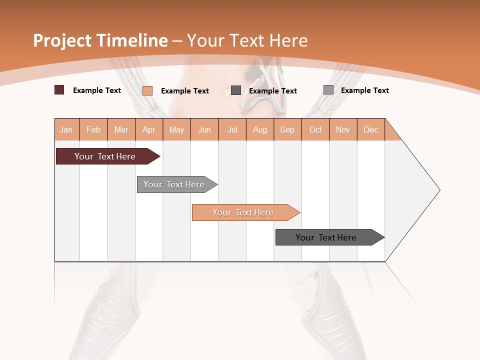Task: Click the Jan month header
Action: point(66,129)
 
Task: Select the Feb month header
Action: point(93,129)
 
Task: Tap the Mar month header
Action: point(121,129)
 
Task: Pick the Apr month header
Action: point(149,129)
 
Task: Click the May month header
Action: point(176,129)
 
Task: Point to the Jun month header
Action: point(204,129)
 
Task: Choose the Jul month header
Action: point(232,129)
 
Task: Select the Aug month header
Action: point(260,129)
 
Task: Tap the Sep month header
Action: point(287,129)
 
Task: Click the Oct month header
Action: point(315,129)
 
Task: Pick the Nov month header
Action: point(343,129)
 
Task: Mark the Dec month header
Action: point(371,129)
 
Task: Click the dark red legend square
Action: point(59,90)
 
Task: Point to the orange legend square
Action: point(147,90)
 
